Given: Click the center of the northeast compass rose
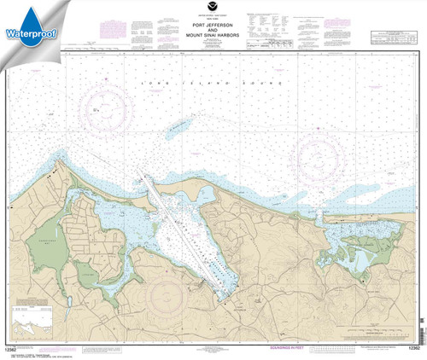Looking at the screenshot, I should click(325, 156).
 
